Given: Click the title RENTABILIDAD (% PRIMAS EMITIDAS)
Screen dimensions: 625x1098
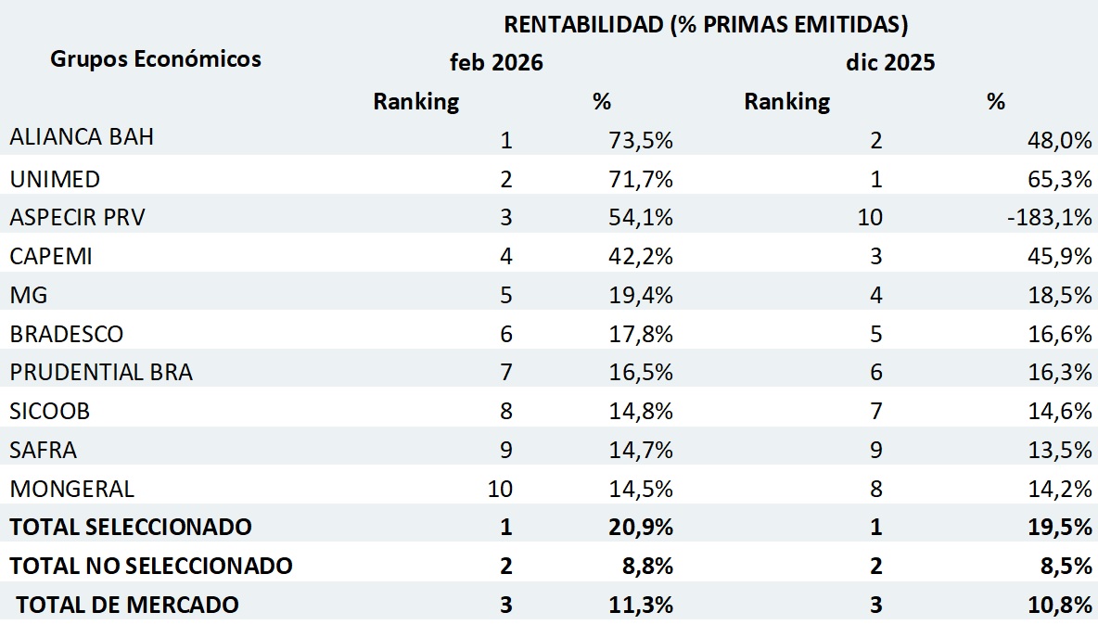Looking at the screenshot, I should (706, 24).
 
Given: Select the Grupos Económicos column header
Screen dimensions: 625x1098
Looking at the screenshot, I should (156, 59).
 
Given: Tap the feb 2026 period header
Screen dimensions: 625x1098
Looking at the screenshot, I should (496, 63).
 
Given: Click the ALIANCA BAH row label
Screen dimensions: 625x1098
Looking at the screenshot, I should (82, 137).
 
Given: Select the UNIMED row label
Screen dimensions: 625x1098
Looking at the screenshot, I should (55, 178).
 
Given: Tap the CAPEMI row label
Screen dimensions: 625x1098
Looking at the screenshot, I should (51, 256).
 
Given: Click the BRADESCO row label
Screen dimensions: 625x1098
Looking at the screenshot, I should (67, 334).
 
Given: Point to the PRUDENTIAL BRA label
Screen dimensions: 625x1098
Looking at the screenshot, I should (102, 373).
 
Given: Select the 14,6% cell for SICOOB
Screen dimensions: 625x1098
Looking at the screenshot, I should (1060, 412).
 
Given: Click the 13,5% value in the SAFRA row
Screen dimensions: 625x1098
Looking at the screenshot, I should (1060, 451).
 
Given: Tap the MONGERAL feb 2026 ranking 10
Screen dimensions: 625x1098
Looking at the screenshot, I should (500, 489).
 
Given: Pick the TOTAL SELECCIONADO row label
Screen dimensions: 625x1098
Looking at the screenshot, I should (131, 527).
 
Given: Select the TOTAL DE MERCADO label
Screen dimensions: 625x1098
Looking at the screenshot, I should (128, 605).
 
